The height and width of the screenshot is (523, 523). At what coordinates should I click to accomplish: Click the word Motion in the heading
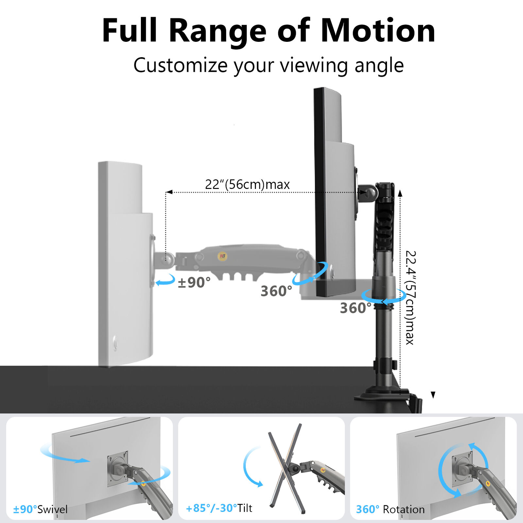[x=378, y=30]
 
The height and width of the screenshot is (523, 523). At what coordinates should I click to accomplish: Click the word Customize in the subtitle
[x=180, y=65]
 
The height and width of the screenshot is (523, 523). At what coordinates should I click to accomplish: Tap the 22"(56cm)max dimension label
[x=247, y=184]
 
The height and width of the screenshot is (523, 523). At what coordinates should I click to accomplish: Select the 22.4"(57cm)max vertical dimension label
[x=410, y=297]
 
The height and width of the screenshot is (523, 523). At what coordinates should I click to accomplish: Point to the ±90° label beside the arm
[x=194, y=282]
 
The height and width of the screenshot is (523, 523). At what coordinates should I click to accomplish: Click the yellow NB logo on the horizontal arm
[x=223, y=256]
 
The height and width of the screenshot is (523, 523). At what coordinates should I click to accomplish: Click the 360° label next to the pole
[x=356, y=308]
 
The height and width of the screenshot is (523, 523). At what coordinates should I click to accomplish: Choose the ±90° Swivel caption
[x=40, y=509]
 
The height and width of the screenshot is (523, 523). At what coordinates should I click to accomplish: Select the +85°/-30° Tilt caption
[x=219, y=508]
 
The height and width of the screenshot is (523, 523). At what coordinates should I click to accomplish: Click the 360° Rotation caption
[x=390, y=509]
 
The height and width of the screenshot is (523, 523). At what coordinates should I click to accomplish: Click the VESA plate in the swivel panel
[x=117, y=468]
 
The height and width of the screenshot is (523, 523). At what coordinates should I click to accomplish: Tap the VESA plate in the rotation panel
[x=462, y=468]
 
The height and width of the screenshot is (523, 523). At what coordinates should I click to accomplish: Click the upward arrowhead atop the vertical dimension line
[x=400, y=193]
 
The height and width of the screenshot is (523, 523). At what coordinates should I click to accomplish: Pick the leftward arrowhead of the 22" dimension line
[x=169, y=192]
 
